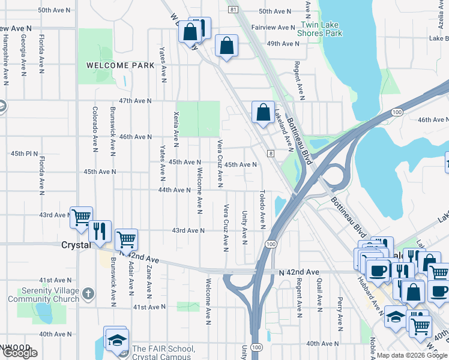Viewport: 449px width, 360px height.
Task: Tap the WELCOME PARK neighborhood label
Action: tap(112, 65)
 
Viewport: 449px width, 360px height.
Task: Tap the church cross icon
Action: tap(88, 293)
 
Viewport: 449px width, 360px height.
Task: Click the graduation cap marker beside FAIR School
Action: tap(115, 340)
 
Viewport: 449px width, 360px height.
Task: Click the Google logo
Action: tap(20, 353)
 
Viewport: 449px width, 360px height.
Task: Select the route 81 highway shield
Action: tap(233, 10)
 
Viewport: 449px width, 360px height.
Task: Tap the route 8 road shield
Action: tap(271, 154)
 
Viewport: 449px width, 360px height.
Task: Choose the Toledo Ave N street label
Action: tap(262, 209)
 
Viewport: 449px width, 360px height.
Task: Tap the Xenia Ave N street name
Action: tap(176, 128)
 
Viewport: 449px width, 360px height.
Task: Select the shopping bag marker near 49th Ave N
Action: tap(226, 46)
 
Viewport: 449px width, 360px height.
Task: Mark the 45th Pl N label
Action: tap(24, 153)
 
